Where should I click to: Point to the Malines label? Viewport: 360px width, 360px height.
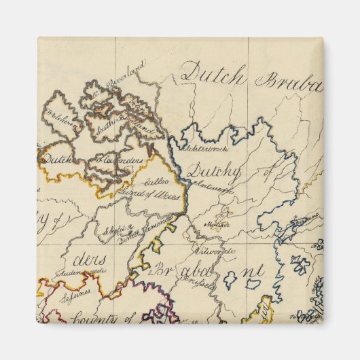click(218, 222)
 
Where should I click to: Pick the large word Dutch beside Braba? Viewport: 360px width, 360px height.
click(213, 74)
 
